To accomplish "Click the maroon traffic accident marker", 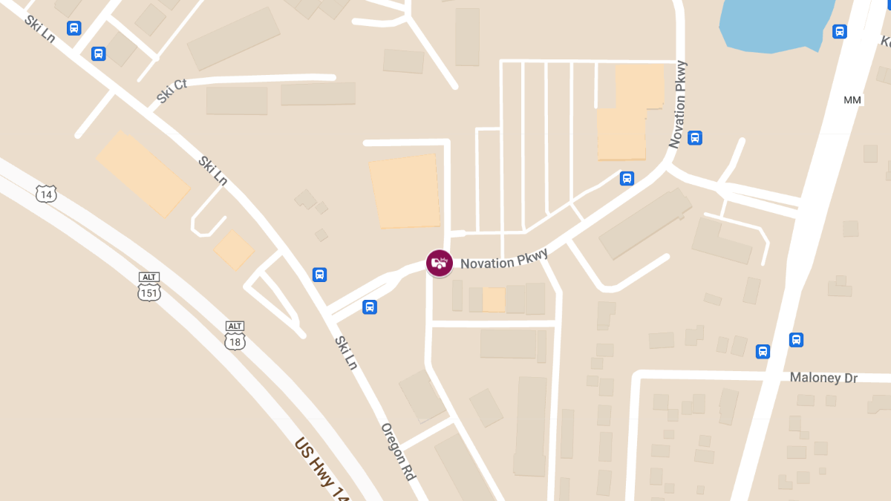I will click(x=439, y=263).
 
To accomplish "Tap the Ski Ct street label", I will click(x=172, y=91).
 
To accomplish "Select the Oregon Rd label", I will click(x=398, y=451).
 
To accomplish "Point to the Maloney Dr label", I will click(x=823, y=378).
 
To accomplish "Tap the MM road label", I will click(x=852, y=99).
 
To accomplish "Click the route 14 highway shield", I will click(x=46, y=194).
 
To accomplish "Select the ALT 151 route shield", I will click(x=149, y=287).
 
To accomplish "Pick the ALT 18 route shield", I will click(x=235, y=336).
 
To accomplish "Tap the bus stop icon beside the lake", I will click(x=840, y=31).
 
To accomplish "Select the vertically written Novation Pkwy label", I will click(x=678, y=105).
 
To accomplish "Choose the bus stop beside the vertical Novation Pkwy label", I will click(x=695, y=137).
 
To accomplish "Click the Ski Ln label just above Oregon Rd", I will click(x=346, y=353).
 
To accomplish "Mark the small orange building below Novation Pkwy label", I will click(x=494, y=300).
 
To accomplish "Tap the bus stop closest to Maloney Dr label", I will click(x=796, y=340).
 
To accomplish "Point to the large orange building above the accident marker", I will click(x=405, y=191).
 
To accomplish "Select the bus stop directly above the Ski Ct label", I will click(x=98, y=53).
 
